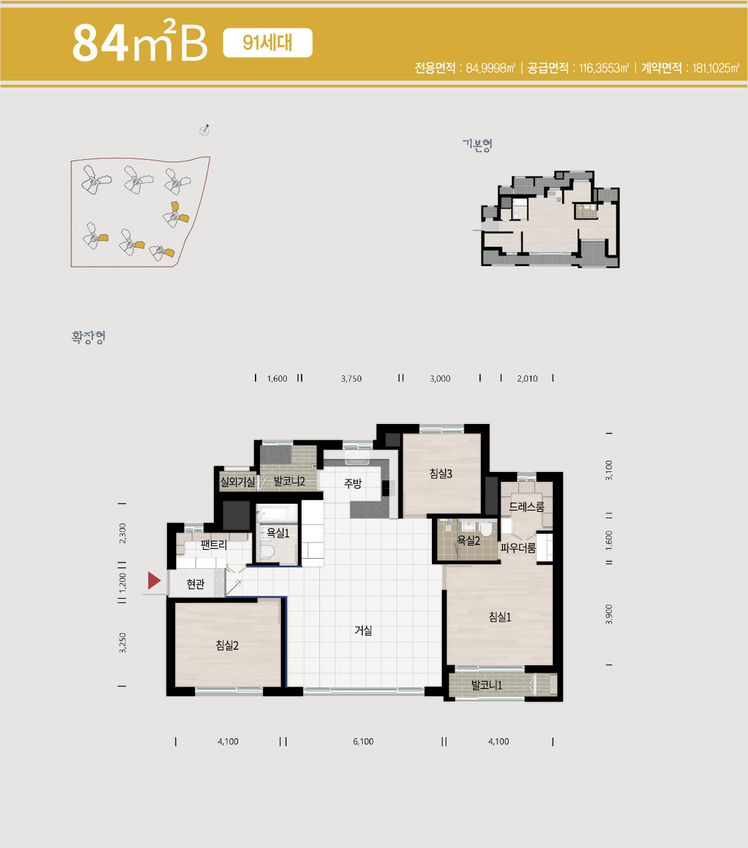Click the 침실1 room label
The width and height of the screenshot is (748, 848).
tap(500, 617)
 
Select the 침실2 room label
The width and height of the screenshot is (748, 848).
tap(227, 645)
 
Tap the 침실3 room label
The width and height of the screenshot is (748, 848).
tap(441, 473)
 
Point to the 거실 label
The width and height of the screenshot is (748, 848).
tap(363, 630)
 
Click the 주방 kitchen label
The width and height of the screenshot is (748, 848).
tap(352, 483)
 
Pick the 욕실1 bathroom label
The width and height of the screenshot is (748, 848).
tap(278, 533)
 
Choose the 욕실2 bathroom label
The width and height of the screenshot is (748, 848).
tap(468, 541)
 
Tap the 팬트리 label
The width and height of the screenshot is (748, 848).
tap(213, 544)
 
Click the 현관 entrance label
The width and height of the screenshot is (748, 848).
tap(196, 584)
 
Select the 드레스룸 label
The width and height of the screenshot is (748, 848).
tap(527, 506)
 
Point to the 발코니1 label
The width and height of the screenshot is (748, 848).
tap(487, 685)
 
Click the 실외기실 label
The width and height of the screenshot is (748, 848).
tap(237, 482)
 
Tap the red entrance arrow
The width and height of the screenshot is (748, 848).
tap(153, 581)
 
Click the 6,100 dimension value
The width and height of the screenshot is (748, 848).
tap(363, 741)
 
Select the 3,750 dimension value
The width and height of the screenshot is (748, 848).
tap(351, 378)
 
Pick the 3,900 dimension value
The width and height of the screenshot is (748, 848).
tap(609, 614)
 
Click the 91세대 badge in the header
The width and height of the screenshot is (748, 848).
tap(267, 42)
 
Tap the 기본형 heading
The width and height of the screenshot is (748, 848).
tap(477, 145)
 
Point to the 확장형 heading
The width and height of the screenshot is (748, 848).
tap(89, 337)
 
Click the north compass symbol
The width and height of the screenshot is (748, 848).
tap(204, 130)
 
